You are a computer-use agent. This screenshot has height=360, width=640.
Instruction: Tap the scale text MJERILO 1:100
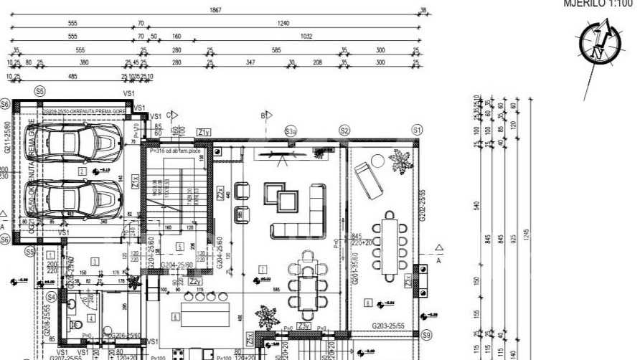click(x=601, y=3)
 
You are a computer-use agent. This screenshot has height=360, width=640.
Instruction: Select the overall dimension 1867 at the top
click(x=215, y=11)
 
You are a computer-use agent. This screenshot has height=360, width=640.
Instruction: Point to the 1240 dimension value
click(x=283, y=23)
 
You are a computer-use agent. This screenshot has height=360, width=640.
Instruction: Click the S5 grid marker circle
click(x=39, y=92)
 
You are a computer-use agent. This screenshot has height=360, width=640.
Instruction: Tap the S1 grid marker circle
click(x=417, y=129)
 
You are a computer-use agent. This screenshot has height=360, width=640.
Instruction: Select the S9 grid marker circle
click(x=427, y=335)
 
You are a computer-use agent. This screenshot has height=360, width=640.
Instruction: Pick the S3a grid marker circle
click(x=291, y=131)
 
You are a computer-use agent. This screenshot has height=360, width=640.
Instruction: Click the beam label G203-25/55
click(x=392, y=326)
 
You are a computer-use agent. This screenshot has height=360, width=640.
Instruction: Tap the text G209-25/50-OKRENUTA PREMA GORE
click(x=85, y=112)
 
